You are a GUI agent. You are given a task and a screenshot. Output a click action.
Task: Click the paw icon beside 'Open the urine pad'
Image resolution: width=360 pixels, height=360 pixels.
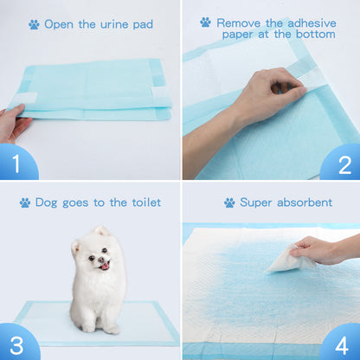(34, 25)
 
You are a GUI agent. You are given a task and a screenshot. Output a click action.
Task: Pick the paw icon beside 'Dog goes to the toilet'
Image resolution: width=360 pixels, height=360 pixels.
(25, 203)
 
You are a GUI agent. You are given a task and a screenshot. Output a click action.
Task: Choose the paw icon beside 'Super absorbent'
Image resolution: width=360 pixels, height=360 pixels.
(229, 203)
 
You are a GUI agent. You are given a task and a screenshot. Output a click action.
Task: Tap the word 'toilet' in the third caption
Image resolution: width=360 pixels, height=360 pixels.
(141, 202)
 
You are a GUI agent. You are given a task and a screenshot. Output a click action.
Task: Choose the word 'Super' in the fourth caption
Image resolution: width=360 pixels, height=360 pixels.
(257, 202)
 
